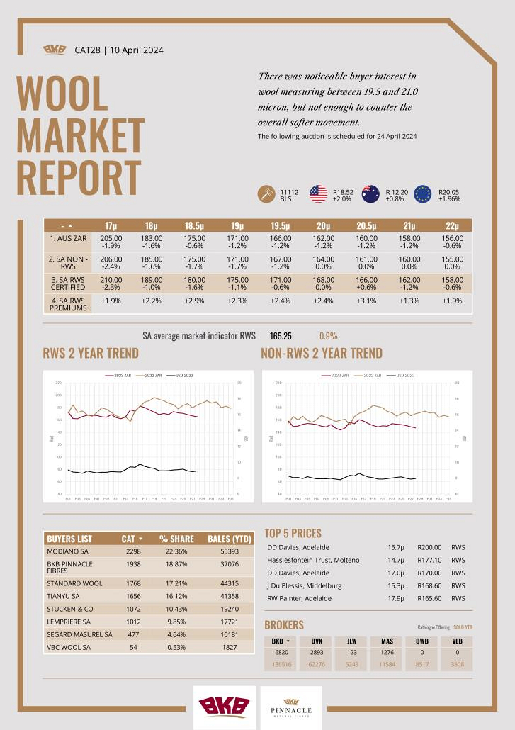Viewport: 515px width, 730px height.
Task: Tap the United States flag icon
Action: (x=318, y=194)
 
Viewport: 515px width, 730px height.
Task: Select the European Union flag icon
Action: (x=423, y=194)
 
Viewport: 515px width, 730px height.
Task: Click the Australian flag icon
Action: (x=370, y=194)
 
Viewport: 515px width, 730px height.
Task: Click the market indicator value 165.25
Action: (x=281, y=335)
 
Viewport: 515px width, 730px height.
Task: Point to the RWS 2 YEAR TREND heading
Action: (x=91, y=353)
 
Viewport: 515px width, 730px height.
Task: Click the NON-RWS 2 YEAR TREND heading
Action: (x=322, y=353)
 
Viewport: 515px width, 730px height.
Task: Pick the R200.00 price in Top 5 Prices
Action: (x=429, y=547)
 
